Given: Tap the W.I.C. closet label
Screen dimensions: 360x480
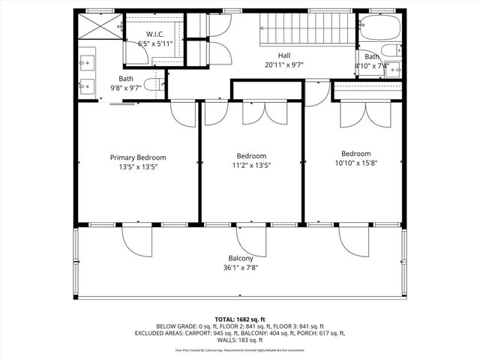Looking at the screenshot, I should [155, 34].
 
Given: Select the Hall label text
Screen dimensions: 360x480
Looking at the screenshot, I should [284, 55].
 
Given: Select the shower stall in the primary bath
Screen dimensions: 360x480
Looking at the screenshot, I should [98, 27].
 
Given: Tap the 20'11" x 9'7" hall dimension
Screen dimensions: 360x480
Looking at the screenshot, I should [284, 64].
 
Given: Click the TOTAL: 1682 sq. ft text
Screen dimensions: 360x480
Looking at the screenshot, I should [240, 319].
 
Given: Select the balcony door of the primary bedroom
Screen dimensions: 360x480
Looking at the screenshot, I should [137, 238].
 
